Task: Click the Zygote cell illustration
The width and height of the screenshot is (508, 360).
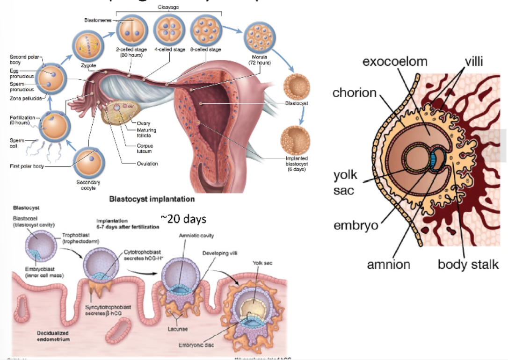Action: click(87, 48)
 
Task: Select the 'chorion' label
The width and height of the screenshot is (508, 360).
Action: click(355, 93)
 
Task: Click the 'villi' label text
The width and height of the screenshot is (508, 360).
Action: click(474, 62)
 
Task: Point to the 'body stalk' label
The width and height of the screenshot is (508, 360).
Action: click(465, 264)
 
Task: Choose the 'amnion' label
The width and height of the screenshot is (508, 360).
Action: click(388, 264)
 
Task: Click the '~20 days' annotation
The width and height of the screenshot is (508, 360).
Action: click(183, 218)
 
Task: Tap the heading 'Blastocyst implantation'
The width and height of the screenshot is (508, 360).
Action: click(152, 199)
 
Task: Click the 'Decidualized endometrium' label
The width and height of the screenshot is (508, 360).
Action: click(53, 336)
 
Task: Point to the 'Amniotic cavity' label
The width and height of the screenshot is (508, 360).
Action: click(196, 236)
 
